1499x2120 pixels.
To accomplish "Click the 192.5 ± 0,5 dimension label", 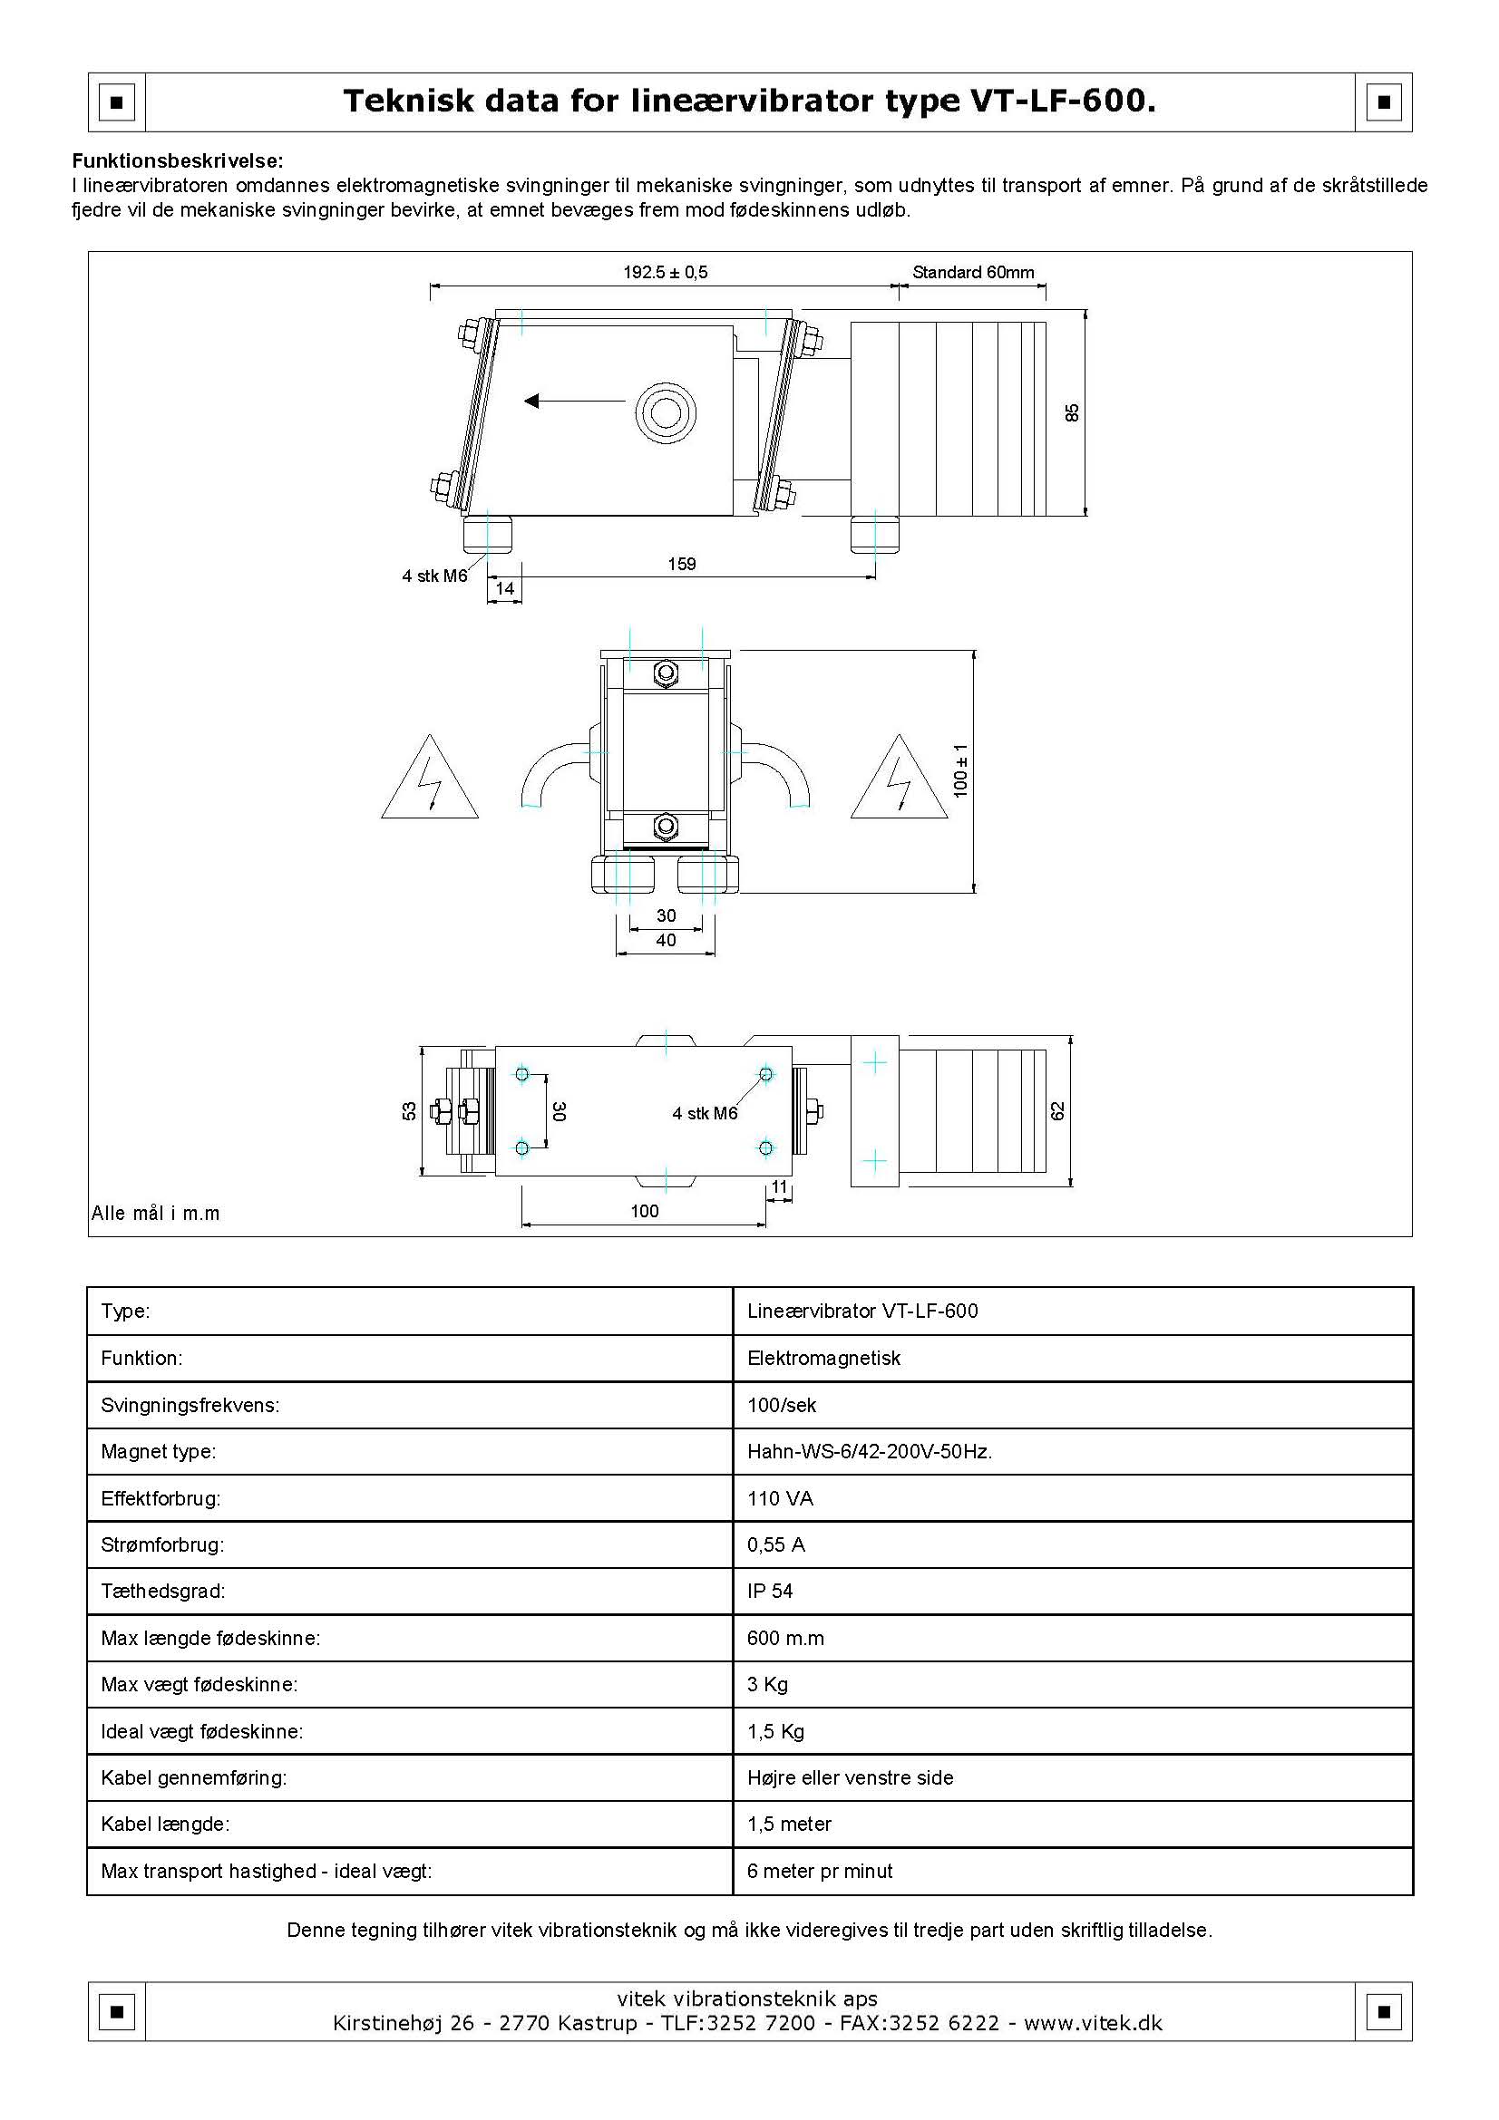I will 665,273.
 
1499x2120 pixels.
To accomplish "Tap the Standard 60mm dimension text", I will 972,273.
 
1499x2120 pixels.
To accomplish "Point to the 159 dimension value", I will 682,564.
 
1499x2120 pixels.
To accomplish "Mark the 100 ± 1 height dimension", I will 960,770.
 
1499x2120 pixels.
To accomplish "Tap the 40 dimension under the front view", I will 666,940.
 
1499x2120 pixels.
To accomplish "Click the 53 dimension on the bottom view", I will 409,1111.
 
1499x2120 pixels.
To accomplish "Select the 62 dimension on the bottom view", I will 1058,1111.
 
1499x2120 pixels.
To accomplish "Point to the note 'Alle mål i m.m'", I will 155,1214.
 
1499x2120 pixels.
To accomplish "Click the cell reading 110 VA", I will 781,1498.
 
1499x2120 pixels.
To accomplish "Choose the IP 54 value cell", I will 770,1591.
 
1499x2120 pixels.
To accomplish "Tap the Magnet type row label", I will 158,1451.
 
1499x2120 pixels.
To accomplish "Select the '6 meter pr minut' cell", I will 819,1871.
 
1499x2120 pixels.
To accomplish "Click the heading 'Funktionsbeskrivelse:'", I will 179,161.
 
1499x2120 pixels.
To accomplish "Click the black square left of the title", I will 116,102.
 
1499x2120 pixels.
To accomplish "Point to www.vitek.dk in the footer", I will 1093,2023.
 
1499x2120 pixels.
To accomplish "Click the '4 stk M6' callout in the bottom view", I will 705,1114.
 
